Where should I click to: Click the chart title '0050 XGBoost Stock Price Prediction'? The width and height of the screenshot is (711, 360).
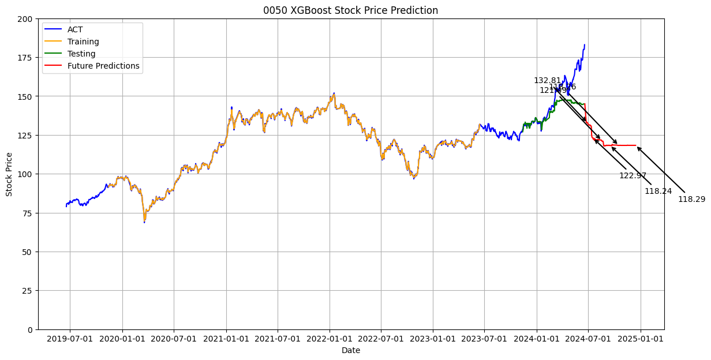(350, 10)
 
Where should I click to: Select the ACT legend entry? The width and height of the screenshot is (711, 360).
(75, 29)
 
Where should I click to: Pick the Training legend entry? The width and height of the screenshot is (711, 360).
(83, 42)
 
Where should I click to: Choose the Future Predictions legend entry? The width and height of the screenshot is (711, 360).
(103, 66)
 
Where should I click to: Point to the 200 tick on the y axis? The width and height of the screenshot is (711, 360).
(25, 19)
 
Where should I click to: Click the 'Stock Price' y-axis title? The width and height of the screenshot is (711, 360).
(9, 174)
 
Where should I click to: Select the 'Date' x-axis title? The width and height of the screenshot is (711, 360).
(350, 350)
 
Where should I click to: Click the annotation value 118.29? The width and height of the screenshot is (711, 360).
(691, 199)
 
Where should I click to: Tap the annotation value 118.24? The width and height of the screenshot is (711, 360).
(658, 191)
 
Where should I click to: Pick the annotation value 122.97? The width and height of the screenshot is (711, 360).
(633, 175)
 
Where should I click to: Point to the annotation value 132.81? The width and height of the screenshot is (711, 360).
(547, 81)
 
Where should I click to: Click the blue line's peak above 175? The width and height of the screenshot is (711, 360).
(584, 45)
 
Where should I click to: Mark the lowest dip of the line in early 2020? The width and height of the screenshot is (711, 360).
(144, 222)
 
